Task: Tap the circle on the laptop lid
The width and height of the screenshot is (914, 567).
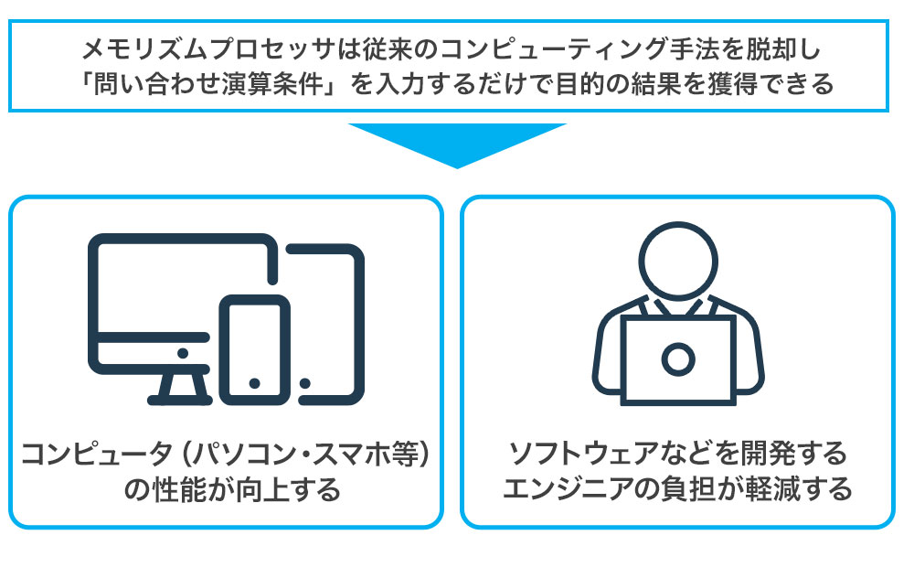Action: [677, 359]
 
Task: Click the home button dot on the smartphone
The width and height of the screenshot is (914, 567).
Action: [255, 382]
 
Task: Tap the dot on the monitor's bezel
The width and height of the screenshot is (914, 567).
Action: [183, 351]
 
